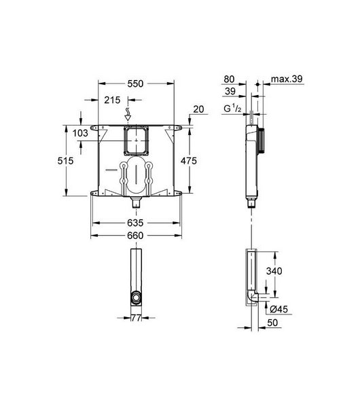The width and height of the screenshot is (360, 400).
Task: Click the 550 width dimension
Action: (x=135, y=84)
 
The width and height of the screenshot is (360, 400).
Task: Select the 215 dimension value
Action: (x=112, y=100)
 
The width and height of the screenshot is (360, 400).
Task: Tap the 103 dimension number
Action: (x=80, y=133)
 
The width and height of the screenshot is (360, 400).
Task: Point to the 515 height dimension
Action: (x=65, y=161)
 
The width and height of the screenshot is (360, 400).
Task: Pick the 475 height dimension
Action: (x=189, y=161)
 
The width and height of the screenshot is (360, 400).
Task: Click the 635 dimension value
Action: (x=135, y=223)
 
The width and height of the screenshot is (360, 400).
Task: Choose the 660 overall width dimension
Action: (x=135, y=236)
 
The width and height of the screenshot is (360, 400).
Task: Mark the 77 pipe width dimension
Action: (x=136, y=318)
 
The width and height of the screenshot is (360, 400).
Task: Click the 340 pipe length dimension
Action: (x=274, y=271)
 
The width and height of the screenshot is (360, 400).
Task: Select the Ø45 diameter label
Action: (x=278, y=310)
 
